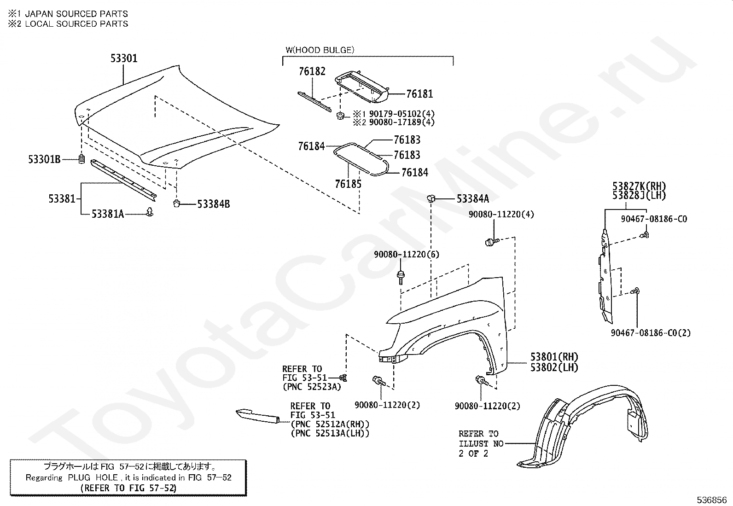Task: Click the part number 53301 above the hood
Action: pos(124,58)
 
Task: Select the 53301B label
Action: pos(44,160)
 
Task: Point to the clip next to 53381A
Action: pos(150,212)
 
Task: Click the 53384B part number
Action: pos(213,204)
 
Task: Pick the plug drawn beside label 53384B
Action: pos(176,203)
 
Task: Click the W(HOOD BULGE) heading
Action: pos(320,50)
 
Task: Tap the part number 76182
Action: pos(312,71)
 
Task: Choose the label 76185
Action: pos(348,184)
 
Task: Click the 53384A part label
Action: pos(472,198)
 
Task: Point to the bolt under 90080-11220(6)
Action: pos(400,277)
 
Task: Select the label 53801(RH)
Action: pos(554,357)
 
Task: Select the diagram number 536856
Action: pos(711,500)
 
